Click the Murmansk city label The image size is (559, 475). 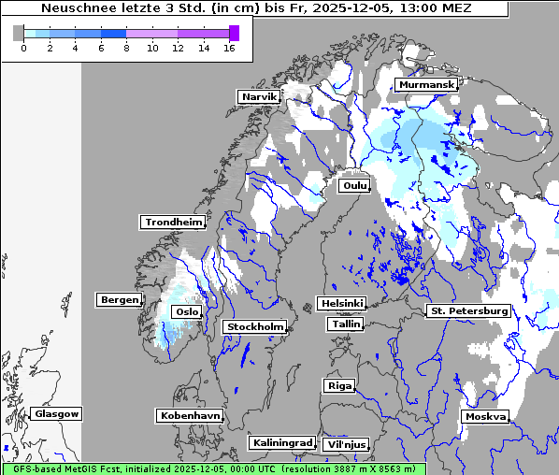(426, 85)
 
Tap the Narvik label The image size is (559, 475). (258, 97)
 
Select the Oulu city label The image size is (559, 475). (354, 186)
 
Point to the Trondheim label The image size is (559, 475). (173, 223)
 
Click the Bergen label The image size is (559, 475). (117, 300)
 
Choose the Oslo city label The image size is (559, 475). (187, 312)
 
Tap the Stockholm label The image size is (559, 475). (253, 327)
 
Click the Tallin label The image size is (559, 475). (346, 324)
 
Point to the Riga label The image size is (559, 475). (338, 386)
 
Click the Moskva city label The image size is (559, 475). (485, 417)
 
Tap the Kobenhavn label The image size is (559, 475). (190, 415)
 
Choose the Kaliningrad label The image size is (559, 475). (281, 442)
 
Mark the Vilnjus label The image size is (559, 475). (345, 445)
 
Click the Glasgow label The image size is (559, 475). (56, 414)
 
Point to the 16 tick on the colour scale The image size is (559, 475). (229, 48)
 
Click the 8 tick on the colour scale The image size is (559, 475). (126, 48)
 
